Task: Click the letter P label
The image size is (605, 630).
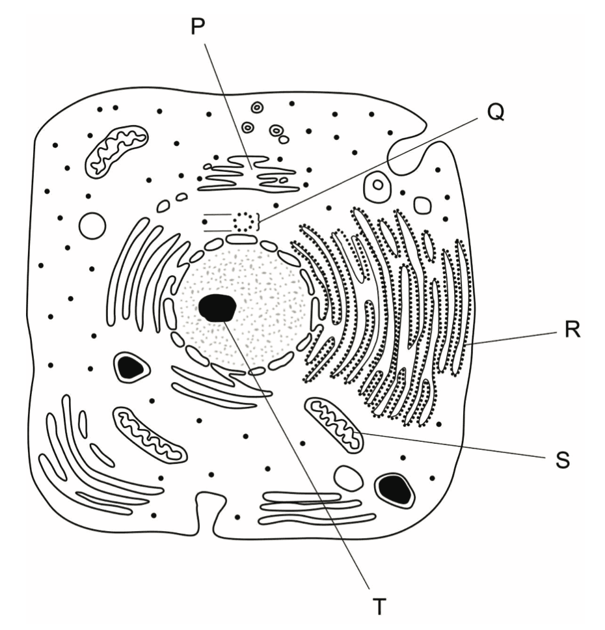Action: (x=198, y=27)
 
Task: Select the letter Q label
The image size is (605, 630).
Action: (x=496, y=113)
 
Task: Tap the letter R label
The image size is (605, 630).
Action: (x=572, y=329)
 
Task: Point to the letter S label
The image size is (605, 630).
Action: (x=563, y=460)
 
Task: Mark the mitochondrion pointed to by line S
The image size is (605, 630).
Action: (x=334, y=425)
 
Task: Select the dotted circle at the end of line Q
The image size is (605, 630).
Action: (x=244, y=221)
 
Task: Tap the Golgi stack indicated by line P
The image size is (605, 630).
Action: (x=249, y=174)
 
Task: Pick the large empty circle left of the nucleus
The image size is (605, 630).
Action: (x=92, y=226)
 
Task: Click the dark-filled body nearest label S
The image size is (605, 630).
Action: (x=394, y=490)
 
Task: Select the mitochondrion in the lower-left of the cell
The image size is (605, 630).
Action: (x=150, y=433)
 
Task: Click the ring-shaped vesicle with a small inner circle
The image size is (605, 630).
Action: (x=377, y=185)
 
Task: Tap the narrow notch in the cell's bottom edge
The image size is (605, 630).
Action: (x=206, y=515)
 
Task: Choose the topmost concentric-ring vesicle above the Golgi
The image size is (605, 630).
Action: (x=257, y=107)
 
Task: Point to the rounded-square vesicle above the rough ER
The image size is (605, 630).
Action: (x=422, y=205)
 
